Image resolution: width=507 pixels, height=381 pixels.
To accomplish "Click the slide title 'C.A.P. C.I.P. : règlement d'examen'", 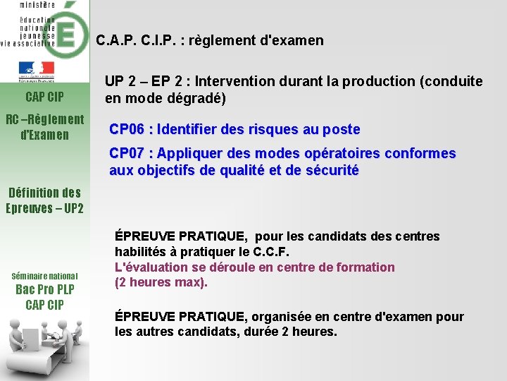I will [210, 40].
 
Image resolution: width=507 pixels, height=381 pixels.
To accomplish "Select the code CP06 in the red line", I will [127, 129].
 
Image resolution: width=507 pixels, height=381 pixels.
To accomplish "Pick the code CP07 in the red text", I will [127, 153].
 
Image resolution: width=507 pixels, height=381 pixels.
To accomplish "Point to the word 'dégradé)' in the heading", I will [201, 98].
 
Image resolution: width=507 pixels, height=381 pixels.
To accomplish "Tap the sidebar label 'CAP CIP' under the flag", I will [44, 96].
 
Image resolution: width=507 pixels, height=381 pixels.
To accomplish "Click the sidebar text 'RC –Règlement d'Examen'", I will [44, 126].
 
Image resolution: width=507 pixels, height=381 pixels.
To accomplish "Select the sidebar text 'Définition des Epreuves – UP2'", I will [44, 200].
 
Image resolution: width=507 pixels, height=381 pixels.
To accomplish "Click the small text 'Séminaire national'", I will [44, 276].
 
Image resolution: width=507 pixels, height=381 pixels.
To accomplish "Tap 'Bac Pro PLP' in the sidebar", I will [44, 290].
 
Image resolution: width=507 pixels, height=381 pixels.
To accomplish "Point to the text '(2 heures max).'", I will [161, 282].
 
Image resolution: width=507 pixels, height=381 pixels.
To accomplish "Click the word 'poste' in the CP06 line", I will [342, 129].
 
